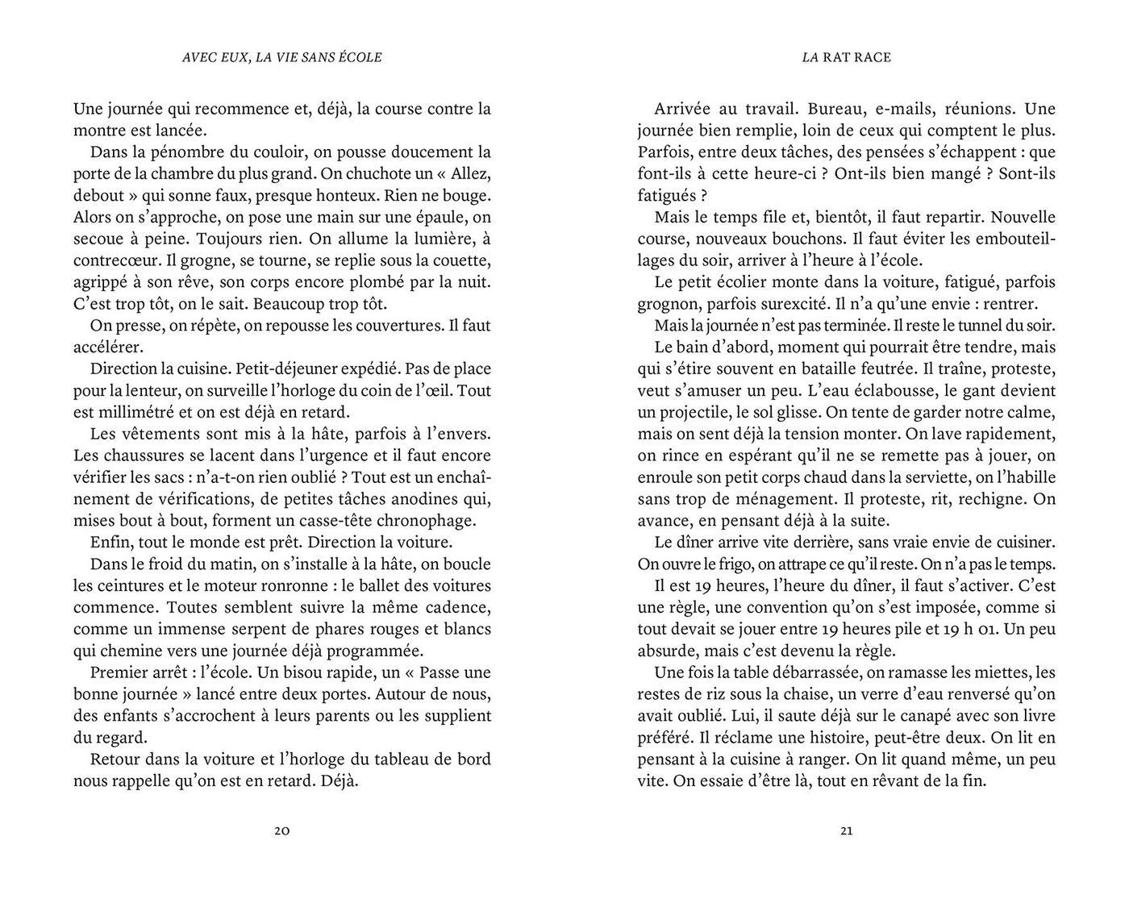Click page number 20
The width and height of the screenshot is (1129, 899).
coord(281,831)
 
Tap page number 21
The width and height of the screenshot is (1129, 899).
coord(846,831)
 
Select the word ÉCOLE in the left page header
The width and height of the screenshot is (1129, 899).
coord(357,57)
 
